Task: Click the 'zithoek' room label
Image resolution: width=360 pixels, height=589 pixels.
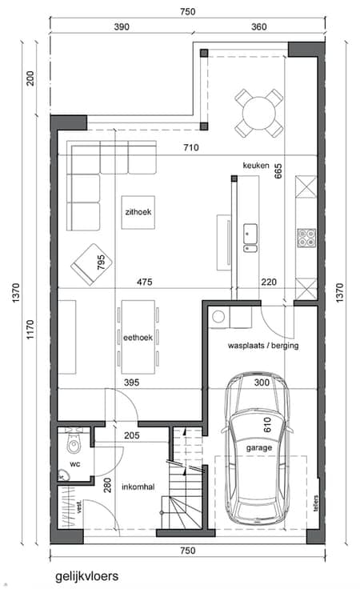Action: [138, 212]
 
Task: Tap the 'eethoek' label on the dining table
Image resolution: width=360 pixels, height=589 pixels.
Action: [138, 338]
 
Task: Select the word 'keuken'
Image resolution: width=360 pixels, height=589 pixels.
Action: [256, 166]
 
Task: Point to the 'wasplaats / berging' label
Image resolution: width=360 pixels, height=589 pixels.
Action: [263, 346]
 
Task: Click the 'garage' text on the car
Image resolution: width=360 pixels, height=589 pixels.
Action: [259, 448]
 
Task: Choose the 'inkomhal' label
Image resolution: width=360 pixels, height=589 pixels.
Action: [138, 487]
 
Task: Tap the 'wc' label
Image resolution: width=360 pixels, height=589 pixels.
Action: [75, 464]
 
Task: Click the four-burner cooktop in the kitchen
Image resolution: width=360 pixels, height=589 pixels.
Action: [306, 238]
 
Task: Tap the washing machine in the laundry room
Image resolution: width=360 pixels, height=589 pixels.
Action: [218, 318]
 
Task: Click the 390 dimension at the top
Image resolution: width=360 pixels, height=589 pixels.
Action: [122, 26]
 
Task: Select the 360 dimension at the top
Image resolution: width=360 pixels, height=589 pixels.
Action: [259, 26]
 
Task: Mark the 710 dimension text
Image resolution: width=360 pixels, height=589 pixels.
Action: [191, 147]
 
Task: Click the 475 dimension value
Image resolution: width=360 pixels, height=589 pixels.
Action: [145, 282]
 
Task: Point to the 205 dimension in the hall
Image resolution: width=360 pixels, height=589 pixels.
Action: [132, 435]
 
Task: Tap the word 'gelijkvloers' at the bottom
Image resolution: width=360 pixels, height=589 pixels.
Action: [86, 577]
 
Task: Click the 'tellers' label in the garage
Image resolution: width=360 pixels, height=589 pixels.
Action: [316, 503]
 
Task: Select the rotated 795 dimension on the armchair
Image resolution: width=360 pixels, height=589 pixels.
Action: [101, 262]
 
